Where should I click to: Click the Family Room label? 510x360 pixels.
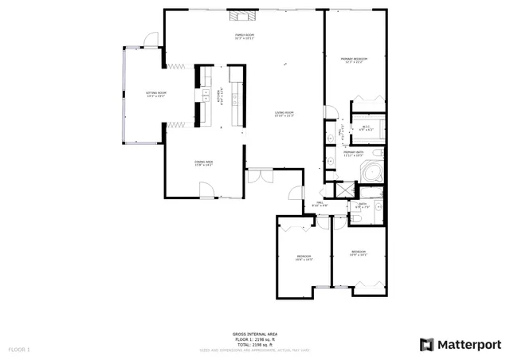(x=244, y=37)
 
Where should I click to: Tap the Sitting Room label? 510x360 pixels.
(x=155, y=95)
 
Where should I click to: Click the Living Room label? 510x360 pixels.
(x=284, y=114)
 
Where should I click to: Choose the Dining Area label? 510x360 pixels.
(x=203, y=163)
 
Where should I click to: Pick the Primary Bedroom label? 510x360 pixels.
(x=354, y=61)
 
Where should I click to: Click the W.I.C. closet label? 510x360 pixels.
(x=366, y=128)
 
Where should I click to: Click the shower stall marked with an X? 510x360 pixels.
(x=344, y=190)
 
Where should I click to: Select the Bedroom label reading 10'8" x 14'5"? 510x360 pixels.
(x=304, y=257)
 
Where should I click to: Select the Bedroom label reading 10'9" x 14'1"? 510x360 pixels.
(x=359, y=253)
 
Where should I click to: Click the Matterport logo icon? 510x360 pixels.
(x=427, y=344)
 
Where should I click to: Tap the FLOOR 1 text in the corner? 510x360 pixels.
(x=19, y=350)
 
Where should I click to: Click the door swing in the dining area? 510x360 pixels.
(x=206, y=189)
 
